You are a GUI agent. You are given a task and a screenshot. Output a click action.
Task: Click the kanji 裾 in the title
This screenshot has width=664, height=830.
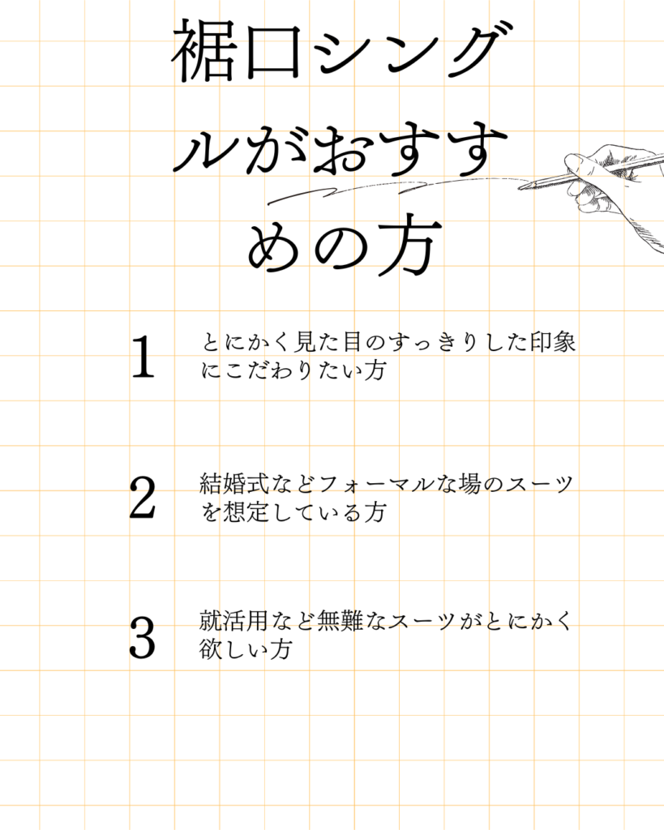[x=203, y=51]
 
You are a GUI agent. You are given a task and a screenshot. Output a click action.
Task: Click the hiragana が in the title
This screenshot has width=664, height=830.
[x=275, y=149]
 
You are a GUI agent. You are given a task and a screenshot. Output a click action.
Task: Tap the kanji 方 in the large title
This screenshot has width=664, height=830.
[x=410, y=246]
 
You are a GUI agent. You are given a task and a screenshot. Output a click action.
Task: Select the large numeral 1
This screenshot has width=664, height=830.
[x=143, y=357]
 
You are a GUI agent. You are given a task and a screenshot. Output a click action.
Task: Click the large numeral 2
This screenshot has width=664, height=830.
[x=143, y=497]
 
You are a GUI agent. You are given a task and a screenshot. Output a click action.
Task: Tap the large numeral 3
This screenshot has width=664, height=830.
[x=143, y=637]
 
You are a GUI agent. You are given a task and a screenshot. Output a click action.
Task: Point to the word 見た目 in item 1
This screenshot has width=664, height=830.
[x=328, y=342]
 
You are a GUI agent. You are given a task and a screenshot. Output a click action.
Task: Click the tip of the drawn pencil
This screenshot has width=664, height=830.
[x=519, y=186]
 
